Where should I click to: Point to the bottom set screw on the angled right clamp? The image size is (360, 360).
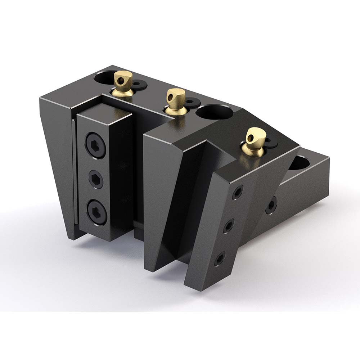pyautogui.click(x=219, y=259)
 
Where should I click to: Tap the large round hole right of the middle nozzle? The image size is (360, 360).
pyautogui.click(x=215, y=112)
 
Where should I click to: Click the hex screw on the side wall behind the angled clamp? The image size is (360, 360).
pyautogui.click(x=271, y=205)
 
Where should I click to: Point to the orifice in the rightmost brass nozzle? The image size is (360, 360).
pyautogui.click(x=260, y=136)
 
